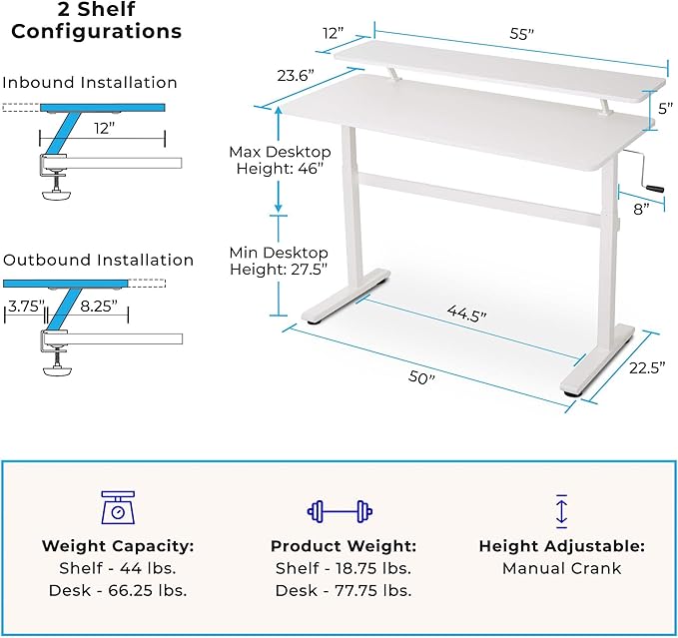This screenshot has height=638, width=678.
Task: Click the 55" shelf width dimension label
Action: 521,34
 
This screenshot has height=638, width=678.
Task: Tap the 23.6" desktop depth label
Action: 296,76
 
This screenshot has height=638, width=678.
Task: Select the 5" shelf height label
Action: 666,109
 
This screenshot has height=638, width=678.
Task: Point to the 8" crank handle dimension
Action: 641,210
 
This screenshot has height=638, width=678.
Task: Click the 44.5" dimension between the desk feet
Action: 466,313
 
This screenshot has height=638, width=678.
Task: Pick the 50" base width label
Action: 421,377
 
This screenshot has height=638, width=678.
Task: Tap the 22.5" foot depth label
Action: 647,367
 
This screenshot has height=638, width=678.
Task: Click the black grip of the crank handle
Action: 655,189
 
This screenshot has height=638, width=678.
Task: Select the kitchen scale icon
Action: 118,507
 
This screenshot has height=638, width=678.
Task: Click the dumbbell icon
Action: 339,511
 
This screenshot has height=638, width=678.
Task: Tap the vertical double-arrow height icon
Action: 561,511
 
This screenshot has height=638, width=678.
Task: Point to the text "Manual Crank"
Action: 562,568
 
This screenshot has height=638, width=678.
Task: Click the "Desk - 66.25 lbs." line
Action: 118,590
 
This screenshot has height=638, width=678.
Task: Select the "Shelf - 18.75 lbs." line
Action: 343,568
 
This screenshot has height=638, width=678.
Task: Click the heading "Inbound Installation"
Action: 90,83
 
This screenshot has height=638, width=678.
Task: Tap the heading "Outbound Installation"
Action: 98,260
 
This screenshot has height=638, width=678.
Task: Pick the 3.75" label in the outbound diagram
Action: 26,307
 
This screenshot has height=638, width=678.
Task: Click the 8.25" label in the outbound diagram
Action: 99,307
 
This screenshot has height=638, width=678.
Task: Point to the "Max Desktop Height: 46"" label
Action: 280,160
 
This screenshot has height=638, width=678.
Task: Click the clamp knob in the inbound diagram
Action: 56,196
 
